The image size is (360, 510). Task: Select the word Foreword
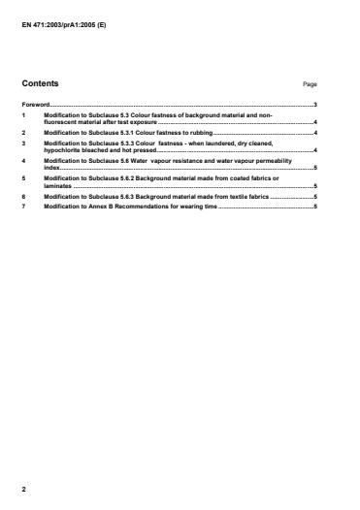pyautogui.click(x=36, y=103)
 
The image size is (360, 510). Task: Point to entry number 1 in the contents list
pyautogui.click(x=24, y=114)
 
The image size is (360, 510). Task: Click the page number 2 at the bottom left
pyautogui.click(x=24, y=489)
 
